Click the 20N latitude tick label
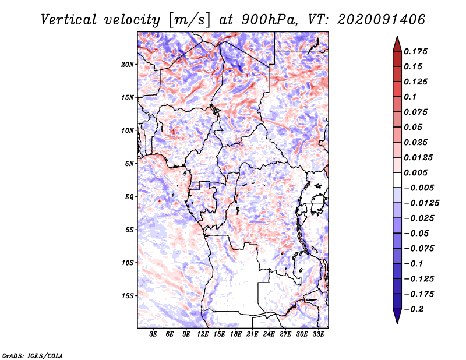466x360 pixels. click(x=128, y=64)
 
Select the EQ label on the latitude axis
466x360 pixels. click(x=129, y=197)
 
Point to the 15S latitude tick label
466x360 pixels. click(x=128, y=296)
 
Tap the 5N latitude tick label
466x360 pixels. click(x=129, y=164)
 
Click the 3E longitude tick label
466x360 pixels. click(x=154, y=334)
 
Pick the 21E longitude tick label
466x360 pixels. click(x=252, y=334)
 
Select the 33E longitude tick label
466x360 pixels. click(x=318, y=334)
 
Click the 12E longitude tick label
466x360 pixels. click(x=203, y=334)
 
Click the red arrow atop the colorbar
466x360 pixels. click(x=397, y=43)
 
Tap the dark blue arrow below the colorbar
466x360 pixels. click(x=397, y=316)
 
